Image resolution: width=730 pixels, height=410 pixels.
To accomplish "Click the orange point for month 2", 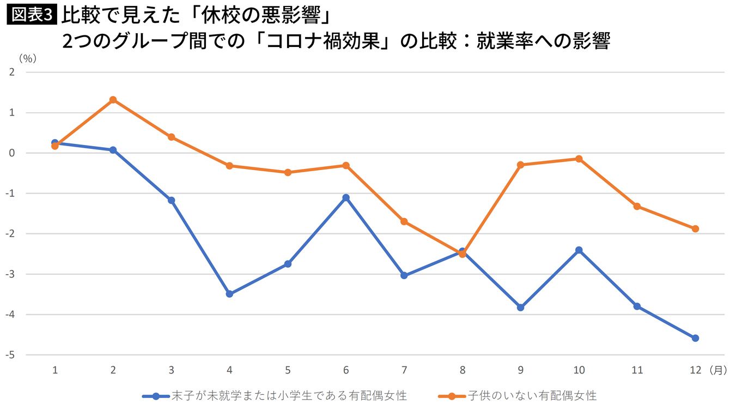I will pos(113,100).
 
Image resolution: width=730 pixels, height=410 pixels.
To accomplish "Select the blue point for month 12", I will pos(695,338).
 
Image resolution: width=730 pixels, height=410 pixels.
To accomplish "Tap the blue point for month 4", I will pos(229,294).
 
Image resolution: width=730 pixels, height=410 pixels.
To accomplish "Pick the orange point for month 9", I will pos(521,165).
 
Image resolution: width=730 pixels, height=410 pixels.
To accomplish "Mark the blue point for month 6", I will pos(346,197).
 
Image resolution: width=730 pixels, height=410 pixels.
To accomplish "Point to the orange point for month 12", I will pos(695,228).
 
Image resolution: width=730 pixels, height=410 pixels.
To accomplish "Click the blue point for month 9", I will pos(521,307).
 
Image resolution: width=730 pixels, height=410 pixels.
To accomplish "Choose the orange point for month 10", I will pos(579,159).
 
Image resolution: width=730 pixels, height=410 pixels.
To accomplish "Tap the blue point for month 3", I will pos(172,200).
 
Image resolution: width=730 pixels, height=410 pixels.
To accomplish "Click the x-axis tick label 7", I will pos(404,370).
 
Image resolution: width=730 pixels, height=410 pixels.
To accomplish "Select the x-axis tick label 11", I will pos(637,370).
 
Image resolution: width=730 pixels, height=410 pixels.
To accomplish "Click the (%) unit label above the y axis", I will pos(27,58).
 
